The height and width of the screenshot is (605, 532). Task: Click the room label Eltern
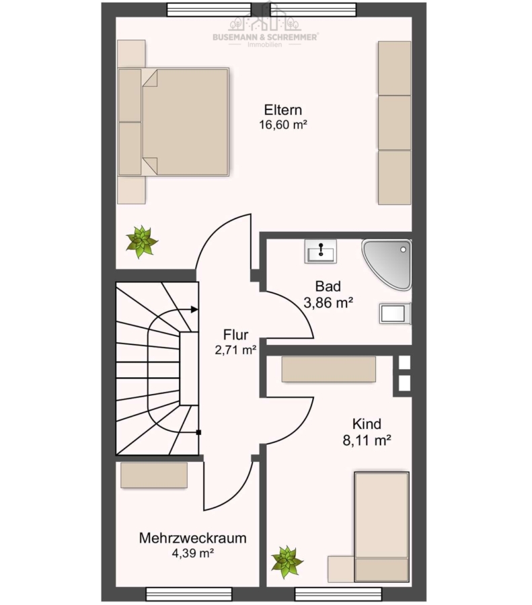coord(283,110)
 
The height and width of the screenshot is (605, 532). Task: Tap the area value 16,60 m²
coord(283,124)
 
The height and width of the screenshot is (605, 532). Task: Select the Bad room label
coord(328,286)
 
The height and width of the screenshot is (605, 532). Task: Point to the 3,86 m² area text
coord(328,303)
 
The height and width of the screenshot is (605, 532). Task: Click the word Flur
coord(235,334)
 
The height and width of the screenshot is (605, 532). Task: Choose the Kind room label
coord(367,424)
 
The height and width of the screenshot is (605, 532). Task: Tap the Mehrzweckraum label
coord(192,538)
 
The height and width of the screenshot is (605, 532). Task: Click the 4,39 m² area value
coord(192,553)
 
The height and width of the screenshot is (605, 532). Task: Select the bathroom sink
coord(320,251)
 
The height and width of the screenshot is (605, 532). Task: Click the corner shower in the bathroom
coord(387,264)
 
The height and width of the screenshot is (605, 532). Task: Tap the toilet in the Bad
coord(395,313)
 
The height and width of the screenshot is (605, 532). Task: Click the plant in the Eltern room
coord(142,242)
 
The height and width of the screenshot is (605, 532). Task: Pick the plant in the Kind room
coord(287,562)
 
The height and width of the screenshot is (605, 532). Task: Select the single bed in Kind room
coord(381,526)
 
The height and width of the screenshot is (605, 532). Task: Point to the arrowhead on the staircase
coord(194,309)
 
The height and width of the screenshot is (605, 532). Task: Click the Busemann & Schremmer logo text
coord(265,37)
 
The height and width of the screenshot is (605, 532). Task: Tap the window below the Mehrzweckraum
coord(189,594)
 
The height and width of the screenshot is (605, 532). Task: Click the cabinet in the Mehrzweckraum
coord(154,475)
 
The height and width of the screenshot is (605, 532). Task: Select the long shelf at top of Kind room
coord(328,369)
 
